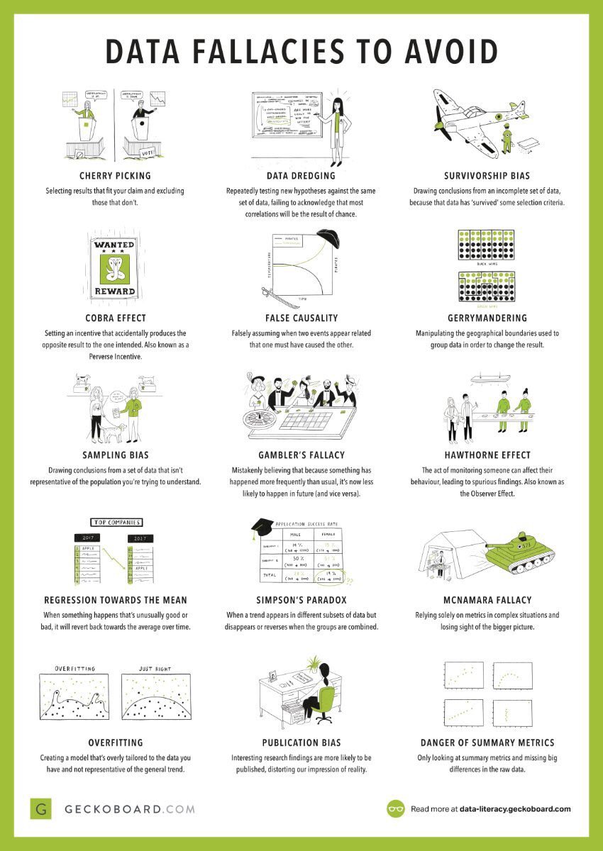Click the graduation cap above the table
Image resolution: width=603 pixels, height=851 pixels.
pos(262,525)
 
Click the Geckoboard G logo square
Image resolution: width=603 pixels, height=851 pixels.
pos(41,808)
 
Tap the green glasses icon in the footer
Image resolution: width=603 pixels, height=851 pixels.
pos(396,808)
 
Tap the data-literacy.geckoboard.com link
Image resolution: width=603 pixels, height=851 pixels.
pos(514,808)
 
